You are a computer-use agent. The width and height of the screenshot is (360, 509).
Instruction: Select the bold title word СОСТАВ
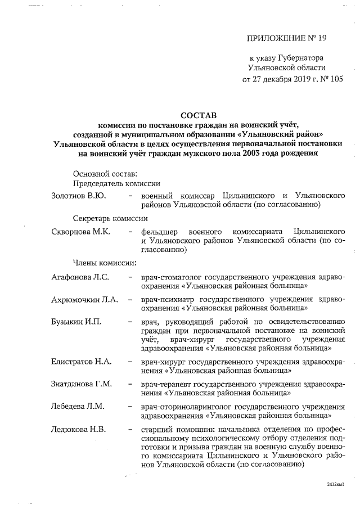(x=201, y=114)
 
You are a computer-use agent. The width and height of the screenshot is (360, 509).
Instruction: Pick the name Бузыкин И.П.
(x=75, y=321)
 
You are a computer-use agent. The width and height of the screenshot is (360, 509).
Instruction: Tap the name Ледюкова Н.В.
(x=79, y=429)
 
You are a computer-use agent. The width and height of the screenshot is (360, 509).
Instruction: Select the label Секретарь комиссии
(x=110, y=219)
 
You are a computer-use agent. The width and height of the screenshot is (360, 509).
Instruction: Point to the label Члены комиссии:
(x=104, y=263)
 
